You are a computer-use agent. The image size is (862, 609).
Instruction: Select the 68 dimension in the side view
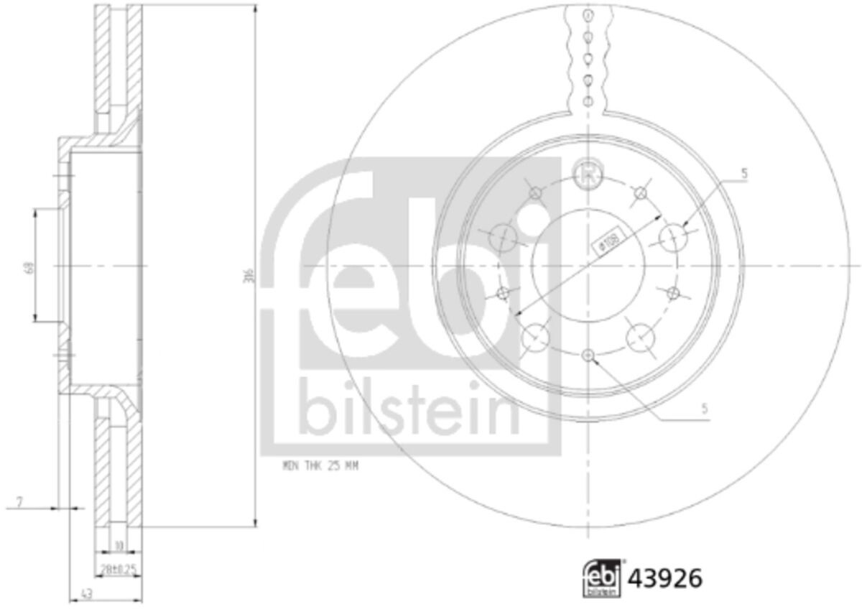pyautogui.click(x=29, y=267)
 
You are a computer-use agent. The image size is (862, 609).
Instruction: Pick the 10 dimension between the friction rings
pyautogui.click(x=119, y=546)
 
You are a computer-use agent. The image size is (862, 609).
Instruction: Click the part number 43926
pyautogui.click(x=665, y=578)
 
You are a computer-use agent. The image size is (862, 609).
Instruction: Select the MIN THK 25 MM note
pyautogui.click(x=320, y=466)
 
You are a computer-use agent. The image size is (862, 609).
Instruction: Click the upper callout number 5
pyautogui.click(x=744, y=173)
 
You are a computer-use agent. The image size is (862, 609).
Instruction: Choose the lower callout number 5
pyautogui.click(x=705, y=409)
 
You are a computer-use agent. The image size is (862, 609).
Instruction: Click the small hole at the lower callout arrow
pyautogui.click(x=589, y=355)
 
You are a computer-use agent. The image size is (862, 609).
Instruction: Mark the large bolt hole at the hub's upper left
pyautogui.click(x=503, y=237)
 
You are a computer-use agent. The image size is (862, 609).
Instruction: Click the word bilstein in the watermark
pyautogui.click(x=409, y=406)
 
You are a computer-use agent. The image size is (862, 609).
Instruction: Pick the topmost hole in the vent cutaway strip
pyautogui.click(x=588, y=15)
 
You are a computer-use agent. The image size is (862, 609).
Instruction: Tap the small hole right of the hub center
pyautogui.click(x=673, y=292)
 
